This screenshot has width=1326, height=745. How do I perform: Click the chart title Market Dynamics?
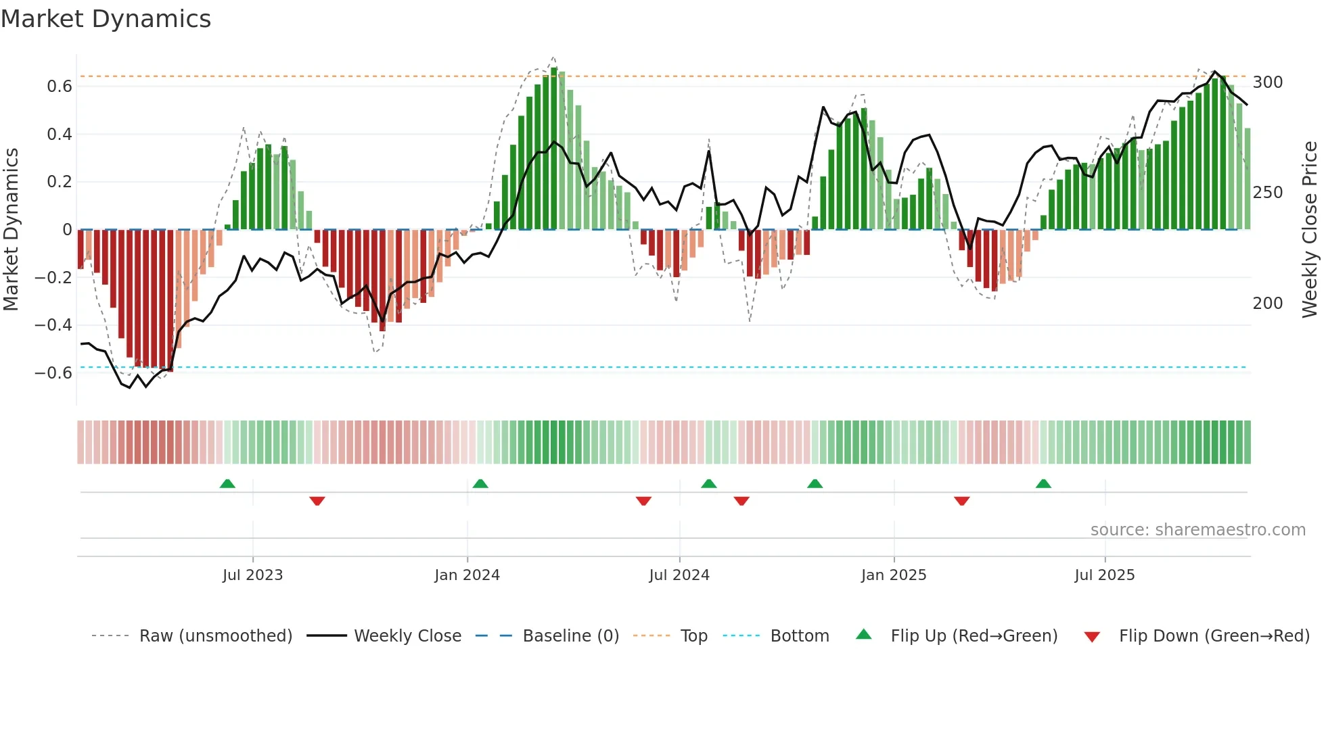click(106, 19)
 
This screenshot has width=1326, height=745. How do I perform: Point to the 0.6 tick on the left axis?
click(60, 87)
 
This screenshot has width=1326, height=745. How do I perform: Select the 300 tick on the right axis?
click(1267, 82)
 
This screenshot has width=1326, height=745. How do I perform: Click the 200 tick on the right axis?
click(1267, 304)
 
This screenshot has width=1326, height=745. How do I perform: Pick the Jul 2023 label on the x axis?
click(252, 575)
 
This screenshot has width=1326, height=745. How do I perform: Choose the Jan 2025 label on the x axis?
click(893, 575)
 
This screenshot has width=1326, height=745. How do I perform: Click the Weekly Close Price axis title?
click(1310, 230)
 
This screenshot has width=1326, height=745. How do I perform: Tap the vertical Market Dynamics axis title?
click(12, 230)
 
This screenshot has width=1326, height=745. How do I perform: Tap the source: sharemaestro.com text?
click(1197, 530)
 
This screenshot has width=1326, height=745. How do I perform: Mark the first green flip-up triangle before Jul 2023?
click(227, 484)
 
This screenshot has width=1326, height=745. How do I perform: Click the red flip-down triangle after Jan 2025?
click(961, 501)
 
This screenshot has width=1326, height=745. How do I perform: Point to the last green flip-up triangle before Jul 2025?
click(1043, 484)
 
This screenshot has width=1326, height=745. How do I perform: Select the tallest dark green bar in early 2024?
click(554, 149)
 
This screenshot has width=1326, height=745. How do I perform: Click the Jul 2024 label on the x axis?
click(679, 575)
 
